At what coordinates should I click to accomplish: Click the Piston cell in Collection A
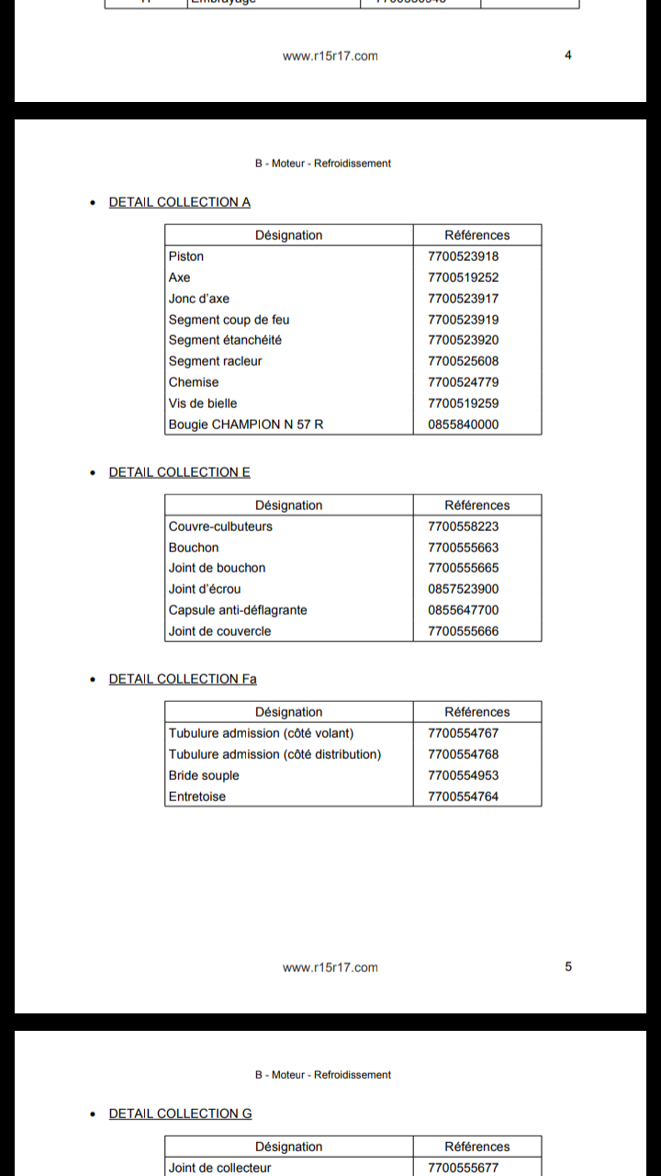(186, 256)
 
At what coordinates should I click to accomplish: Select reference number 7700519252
(464, 277)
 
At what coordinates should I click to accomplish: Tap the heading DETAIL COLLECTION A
(180, 202)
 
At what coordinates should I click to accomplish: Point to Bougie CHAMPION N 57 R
(246, 424)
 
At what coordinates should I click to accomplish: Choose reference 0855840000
(464, 424)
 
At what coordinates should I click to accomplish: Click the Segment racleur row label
(215, 361)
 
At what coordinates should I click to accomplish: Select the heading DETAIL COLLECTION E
(180, 472)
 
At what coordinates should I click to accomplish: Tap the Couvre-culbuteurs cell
(220, 526)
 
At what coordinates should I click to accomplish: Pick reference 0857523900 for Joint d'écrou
(464, 589)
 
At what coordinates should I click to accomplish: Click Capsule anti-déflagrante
(238, 610)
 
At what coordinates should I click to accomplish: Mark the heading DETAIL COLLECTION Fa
(183, 679)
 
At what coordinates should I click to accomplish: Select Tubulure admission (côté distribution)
(274, 754)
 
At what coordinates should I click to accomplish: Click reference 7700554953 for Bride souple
(464, 775)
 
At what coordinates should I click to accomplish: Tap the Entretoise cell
(197, 797)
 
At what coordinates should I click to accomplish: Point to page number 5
(568, 967)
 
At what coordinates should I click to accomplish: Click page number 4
(568, 55)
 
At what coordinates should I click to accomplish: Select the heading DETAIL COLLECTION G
(180, 1114)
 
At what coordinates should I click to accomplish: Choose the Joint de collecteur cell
(220, 1168)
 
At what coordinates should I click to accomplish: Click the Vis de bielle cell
(203, 403)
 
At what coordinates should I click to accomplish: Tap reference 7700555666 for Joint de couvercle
(464, 631)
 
